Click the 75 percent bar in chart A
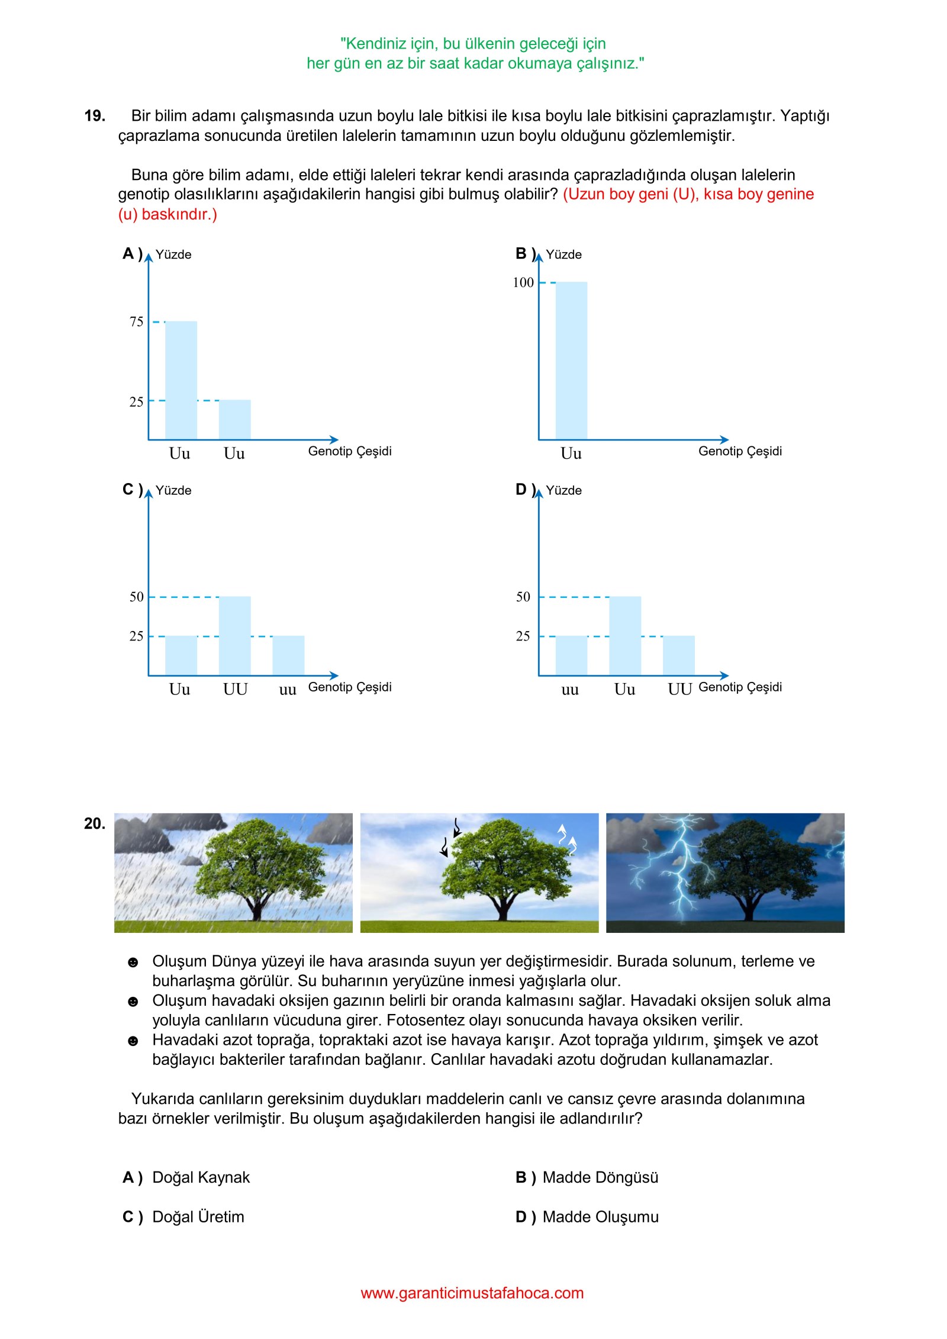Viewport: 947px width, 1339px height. click(181, 380)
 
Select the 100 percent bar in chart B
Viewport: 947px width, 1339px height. click(571, 360)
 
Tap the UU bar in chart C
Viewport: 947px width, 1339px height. click(234, 636)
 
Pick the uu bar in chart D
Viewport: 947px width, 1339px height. click(571, 655)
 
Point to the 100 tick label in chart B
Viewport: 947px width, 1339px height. click(523, 282)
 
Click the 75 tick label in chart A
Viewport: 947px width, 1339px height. click(136, 322)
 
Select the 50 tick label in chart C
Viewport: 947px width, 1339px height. click(136, 597)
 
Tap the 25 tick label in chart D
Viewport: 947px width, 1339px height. click(523, 636)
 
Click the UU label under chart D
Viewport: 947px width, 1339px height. click(679, 690)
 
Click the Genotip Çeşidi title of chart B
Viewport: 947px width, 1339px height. click(740, 451)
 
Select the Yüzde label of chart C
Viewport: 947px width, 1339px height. click(173, 491)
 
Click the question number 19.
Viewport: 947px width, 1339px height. click(95, 116)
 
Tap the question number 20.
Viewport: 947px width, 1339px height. click(95, 823)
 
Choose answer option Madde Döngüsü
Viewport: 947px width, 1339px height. click(600, 1177)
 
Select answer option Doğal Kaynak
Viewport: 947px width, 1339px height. click(201, 1177)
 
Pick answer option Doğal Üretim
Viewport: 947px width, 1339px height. click(198, 1216)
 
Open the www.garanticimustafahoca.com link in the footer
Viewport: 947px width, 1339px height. click(472, 1293)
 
